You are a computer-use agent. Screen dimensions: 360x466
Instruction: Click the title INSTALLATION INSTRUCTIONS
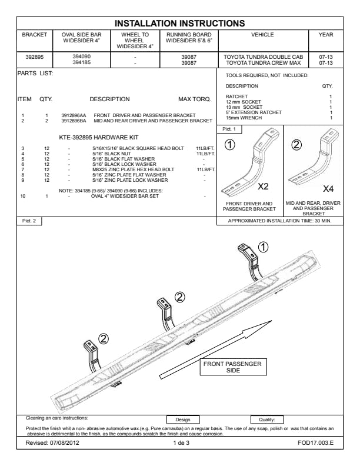(x=179, y=23)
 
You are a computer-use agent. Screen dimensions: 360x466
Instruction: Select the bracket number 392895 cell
(x=35, y=60)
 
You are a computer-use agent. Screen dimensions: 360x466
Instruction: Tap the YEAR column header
(x=326, y=35)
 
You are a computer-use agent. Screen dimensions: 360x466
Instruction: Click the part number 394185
(x=82, y=62)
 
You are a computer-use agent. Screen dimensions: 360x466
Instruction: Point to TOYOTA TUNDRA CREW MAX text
(x=263, y=63)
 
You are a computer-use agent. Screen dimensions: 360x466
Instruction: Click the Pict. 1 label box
(x=229, y=129)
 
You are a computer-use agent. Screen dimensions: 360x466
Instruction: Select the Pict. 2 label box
(x=29, y=221)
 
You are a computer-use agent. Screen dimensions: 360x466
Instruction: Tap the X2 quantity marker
(x=263, y=187)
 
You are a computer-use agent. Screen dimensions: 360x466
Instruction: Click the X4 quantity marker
(x=328, y=188)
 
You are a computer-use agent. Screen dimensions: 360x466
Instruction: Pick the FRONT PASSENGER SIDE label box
(x=232, y=367)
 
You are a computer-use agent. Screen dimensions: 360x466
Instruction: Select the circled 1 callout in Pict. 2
(x=263, y=247)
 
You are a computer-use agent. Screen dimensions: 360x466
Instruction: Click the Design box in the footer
(x=183, y=420)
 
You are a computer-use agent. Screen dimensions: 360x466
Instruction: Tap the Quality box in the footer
(x=266, y=420)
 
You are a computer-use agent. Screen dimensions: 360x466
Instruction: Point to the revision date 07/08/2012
(x=65, y=443)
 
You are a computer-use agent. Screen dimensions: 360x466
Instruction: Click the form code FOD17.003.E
(x=315, y=443)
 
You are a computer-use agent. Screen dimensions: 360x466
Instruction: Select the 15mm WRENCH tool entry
(x=244, y=118)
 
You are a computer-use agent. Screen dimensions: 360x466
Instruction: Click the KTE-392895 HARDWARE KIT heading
(x=99, y=137)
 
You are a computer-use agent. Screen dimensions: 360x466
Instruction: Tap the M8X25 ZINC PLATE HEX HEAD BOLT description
(x=133, y=169)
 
